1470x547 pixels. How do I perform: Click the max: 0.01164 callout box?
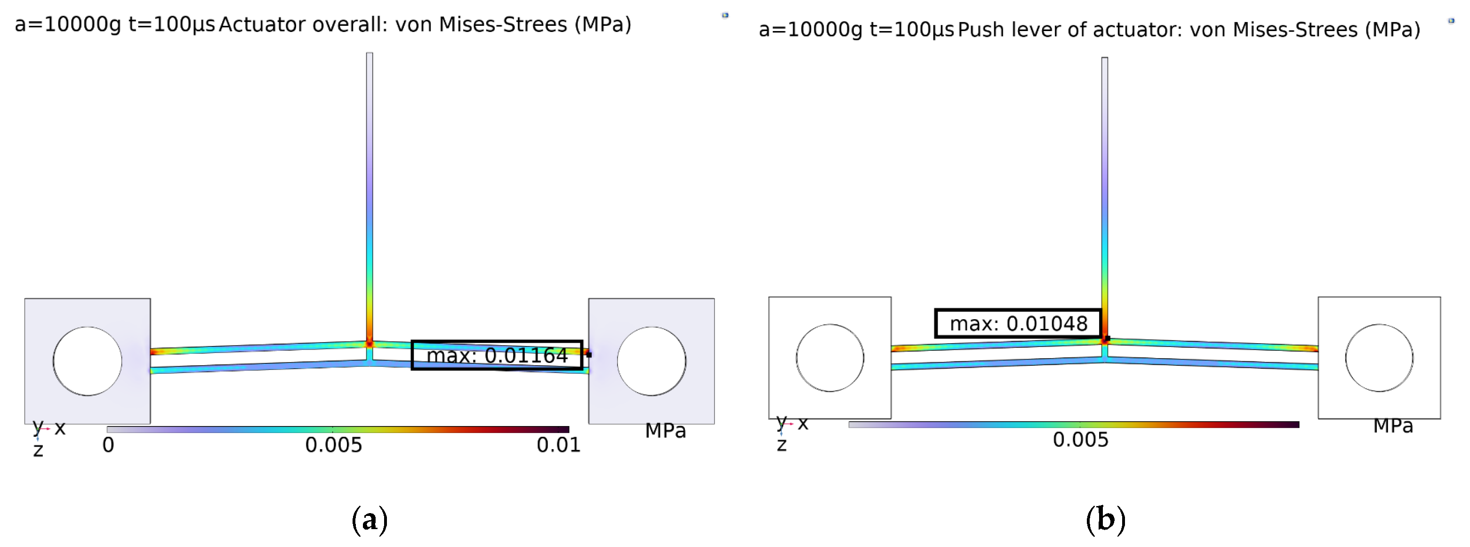(497, 355)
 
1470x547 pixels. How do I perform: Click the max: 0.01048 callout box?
(1018, 323)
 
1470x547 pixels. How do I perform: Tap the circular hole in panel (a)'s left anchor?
(87, 361)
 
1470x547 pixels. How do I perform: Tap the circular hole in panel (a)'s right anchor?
(651, 361)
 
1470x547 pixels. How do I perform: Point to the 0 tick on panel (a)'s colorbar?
(108, 445)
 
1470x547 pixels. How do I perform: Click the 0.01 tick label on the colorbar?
(559, 445)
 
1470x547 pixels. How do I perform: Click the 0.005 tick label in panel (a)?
(333, 445)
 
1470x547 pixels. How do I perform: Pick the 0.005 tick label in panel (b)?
(1080, 440)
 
